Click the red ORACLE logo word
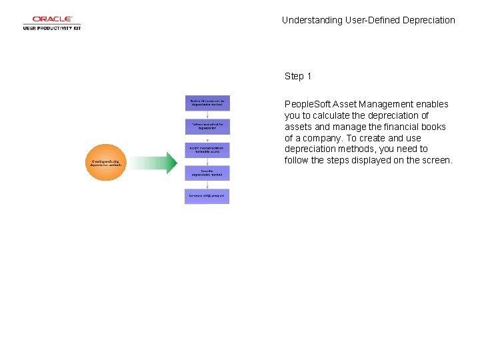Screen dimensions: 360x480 tap(52, 19)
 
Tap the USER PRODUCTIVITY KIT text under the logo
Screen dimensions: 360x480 tap(52, 28)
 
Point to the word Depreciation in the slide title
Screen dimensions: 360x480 tap(429, 20)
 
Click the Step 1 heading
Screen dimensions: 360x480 tap(298, 76)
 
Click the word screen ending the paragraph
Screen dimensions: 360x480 tap(436, 161)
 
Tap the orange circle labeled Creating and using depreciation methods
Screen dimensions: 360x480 tap(105, 162)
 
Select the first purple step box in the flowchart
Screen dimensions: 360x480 tap(207, 103)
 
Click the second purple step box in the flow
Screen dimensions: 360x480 tap(207, 126)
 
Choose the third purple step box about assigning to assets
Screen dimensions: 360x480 tap(207, 149)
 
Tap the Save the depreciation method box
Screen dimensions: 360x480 tap(207, 173)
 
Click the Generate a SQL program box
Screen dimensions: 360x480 tap(207, 196)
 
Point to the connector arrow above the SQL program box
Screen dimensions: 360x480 tap(207, 185)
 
